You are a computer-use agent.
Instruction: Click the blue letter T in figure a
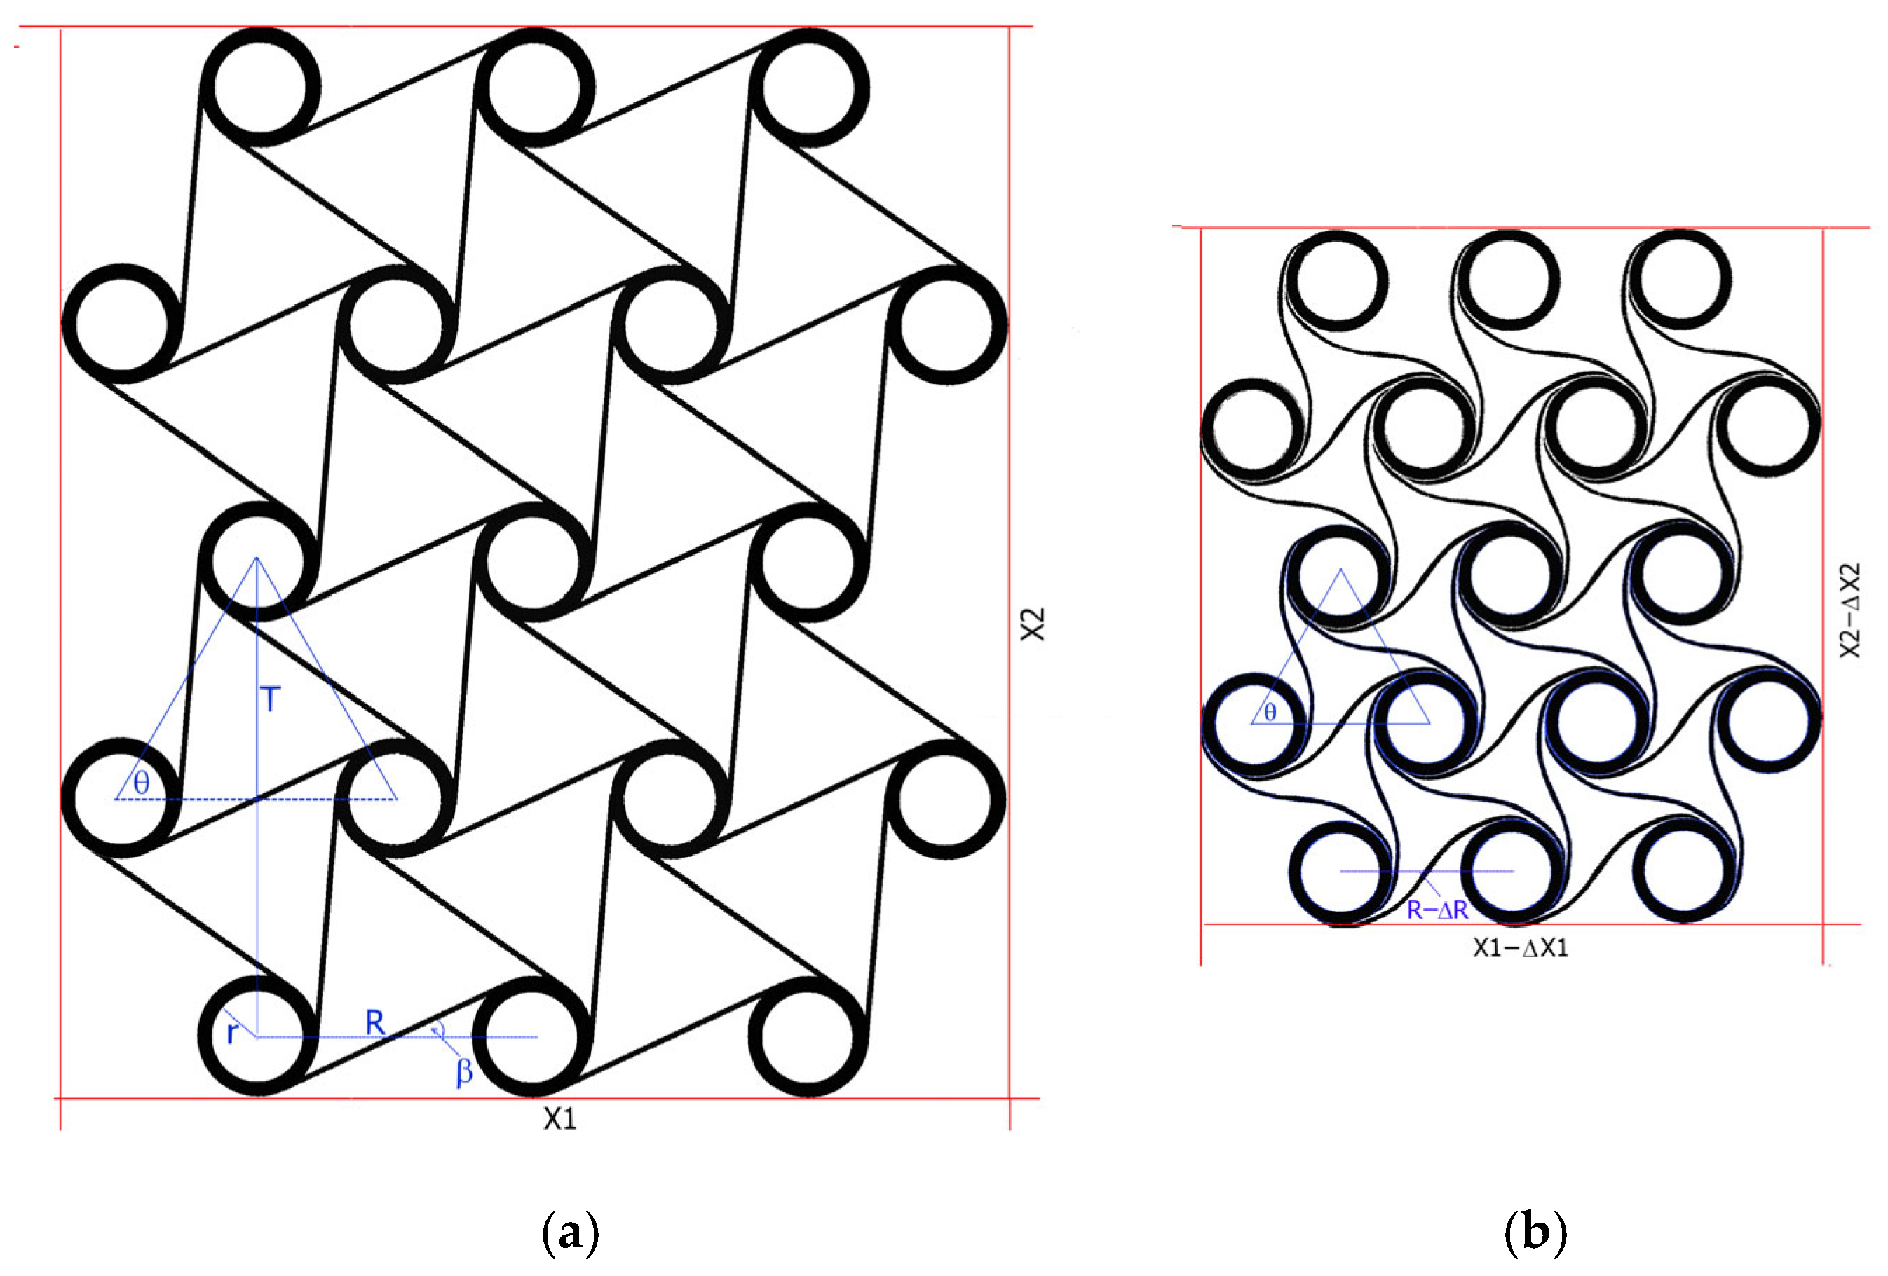(271, 699)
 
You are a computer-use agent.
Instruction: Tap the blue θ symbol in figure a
(142, 783)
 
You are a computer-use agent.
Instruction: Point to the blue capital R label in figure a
(374, 1022)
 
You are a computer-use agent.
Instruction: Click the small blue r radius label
(232, 1033)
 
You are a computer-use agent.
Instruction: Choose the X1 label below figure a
(559, 1119)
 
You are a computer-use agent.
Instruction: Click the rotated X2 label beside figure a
(1033, 624)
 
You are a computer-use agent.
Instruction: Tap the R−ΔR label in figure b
(1437, 910)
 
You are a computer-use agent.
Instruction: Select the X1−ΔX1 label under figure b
(1520, 948)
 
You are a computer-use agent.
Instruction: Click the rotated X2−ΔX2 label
(1850, 611)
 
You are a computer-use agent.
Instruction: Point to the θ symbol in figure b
(1270, 713)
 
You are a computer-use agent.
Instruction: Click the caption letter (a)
(569, 1232)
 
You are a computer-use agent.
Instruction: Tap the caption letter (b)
(1535, 1232)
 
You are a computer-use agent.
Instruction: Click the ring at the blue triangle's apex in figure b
(1340, 575)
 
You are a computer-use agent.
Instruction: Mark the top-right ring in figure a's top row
(808, 87)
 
